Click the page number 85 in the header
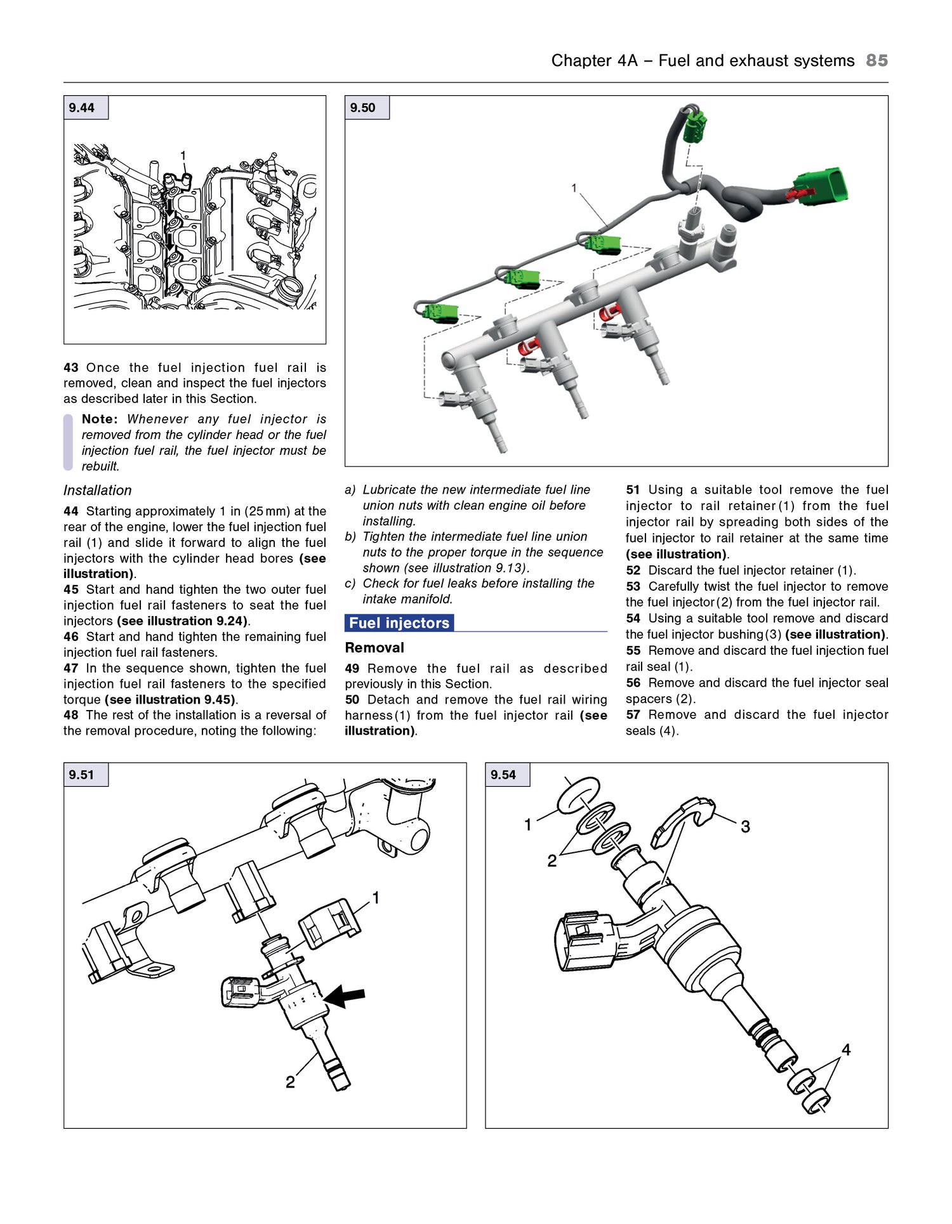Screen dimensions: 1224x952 point(876,60)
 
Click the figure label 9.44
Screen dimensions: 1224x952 point(82,108)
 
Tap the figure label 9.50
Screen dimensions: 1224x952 point(363,108)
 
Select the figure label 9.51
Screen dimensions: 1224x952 point(82,775)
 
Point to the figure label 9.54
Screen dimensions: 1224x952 point(503,775)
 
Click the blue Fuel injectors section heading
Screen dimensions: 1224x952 point(399,623)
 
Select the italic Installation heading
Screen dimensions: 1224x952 point(98,490)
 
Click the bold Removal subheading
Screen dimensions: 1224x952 point(374,648)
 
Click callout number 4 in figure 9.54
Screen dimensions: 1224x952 point(846,1050)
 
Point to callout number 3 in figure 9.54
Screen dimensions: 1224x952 point(746,827)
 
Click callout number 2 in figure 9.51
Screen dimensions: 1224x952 point(290,1083)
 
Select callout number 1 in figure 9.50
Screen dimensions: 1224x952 point(574,188)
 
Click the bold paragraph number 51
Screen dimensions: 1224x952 point(633,490)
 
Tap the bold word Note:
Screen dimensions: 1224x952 point(100,419)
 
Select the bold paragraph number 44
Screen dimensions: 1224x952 point(71,511)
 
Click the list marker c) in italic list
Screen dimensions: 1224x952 point(350,584)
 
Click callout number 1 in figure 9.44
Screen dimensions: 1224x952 point(183,155)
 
